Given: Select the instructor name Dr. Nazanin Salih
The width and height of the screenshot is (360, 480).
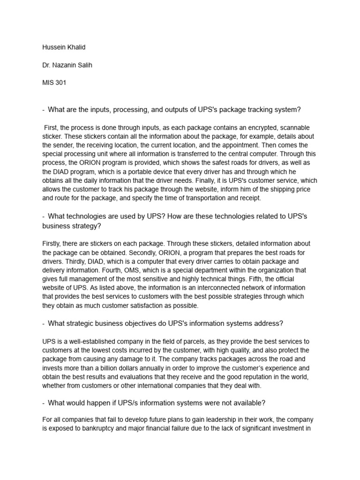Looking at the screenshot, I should click(67, 65).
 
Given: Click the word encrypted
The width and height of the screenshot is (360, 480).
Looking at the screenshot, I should click(243, 127).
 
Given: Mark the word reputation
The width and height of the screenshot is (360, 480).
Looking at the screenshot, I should click(268, 377).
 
